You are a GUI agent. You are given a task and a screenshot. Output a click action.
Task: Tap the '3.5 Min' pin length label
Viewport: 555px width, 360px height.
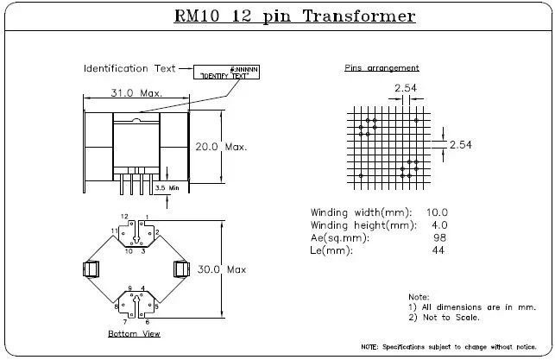pyautogui.click(x=167, y=186)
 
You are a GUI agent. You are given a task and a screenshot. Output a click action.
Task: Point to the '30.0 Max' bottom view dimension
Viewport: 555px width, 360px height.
pyautogui.click(x=222, y=269)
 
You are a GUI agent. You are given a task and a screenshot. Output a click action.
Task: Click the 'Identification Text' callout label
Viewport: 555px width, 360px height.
pyautogui.click(x=129, y=68)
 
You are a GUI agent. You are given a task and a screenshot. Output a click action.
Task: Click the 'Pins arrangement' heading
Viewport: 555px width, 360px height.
pyautogui.click(x=382, y=67)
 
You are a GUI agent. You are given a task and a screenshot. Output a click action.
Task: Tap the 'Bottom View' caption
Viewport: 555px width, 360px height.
pyautogui.click(x=134, y=333)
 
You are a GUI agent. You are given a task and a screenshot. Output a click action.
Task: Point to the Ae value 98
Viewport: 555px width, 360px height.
pyautogui.click(x=441, y=238)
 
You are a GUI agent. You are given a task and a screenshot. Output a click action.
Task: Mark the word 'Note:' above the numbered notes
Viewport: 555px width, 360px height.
pyautogui.click(x=419, y=296)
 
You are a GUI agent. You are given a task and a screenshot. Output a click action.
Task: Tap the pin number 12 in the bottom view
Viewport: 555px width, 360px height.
pyautogui.click(x=124, y=216)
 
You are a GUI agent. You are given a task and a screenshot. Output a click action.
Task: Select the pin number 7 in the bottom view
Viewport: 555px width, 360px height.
pyautogui.click(x=125, y=320)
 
